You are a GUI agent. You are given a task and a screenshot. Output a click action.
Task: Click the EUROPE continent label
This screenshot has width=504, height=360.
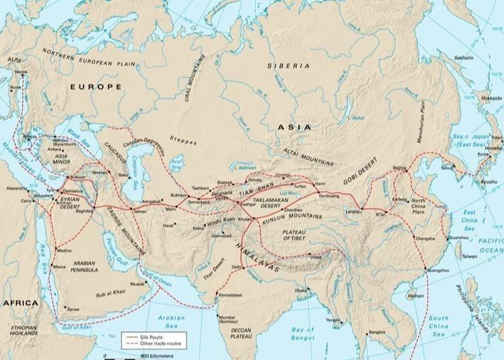[96, 86]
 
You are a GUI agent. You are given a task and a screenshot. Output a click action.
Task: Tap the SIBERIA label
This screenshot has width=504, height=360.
[289, 65]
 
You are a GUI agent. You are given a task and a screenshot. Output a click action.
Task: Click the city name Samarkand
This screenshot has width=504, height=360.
[199, 202]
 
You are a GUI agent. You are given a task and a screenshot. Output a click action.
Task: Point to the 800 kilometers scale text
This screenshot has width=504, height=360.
[154, 356]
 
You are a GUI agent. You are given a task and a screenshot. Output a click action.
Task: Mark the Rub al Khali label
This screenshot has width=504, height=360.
[113, 292]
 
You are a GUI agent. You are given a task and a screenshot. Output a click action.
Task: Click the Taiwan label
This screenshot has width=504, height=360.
[469, 256]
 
